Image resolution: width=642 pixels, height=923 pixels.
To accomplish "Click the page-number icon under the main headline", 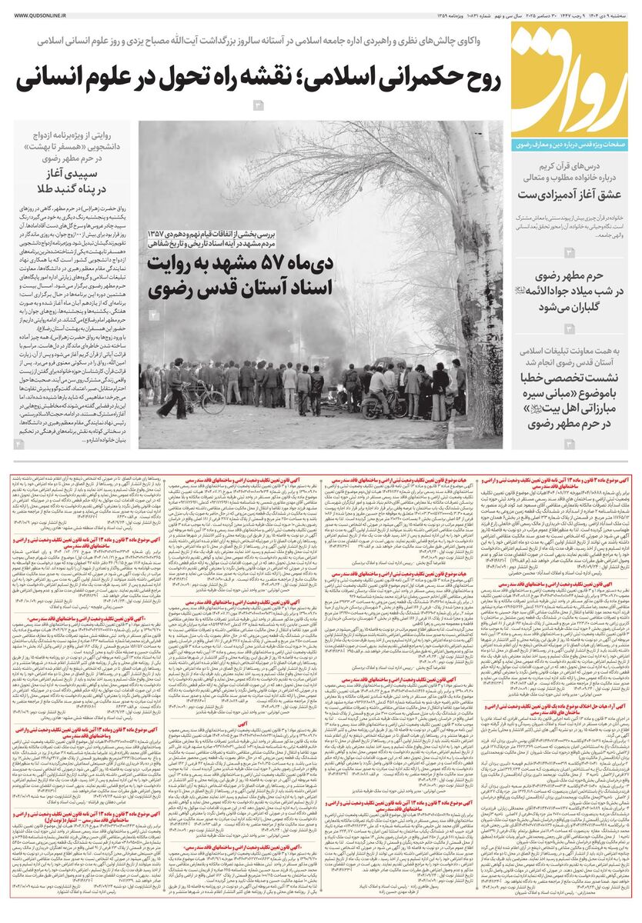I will [259, 105].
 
